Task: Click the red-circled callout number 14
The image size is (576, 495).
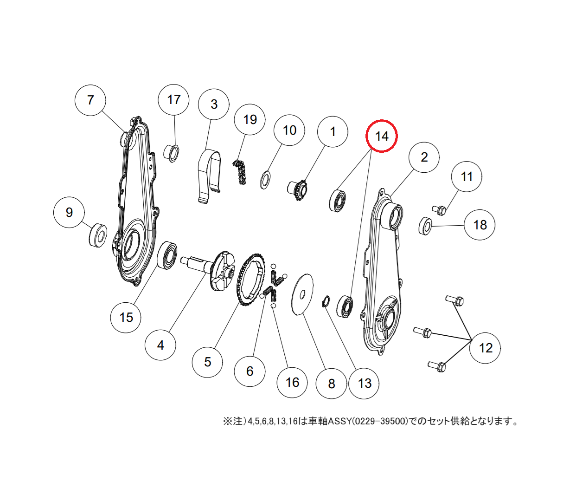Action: pos(382,136)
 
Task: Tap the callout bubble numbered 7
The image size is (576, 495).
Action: pos(90,100)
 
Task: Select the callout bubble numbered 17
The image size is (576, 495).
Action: pos(173,100)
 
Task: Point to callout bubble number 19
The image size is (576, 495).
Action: pos(250,119)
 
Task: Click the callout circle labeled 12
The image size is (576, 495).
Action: pos(485,348)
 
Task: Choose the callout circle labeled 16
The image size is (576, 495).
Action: pos(292,382)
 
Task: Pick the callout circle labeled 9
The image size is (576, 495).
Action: pos(69,212)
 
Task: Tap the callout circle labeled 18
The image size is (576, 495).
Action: pos(480,225)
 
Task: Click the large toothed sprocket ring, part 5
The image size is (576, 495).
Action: pos(250,279)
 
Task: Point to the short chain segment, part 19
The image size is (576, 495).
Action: pos(240,172)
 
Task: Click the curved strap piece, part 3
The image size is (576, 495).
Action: pos(209,176)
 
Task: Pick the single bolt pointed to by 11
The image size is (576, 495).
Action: pos(439,210)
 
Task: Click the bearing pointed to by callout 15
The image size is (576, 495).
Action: pos(167,255)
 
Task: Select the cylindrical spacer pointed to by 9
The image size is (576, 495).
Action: pos(97,235)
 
